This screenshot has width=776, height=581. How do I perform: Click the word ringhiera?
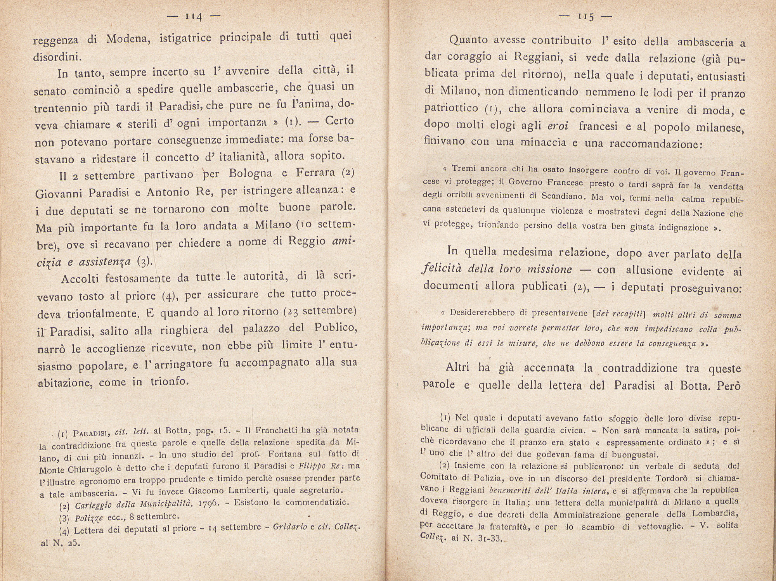(181, 330)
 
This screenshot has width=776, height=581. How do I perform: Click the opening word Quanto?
(469, 40)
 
